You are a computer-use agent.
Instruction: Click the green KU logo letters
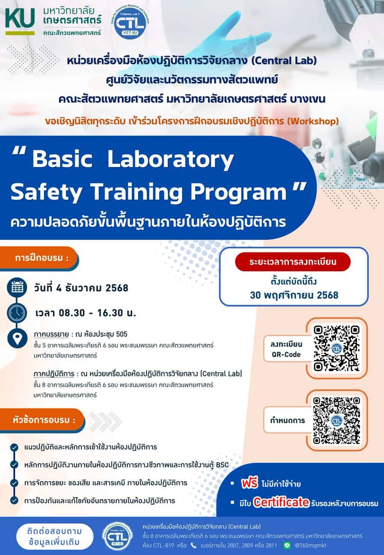pyautogui.click(x=20, y=18)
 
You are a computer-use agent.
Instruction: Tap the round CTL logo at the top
pyautogui.click(x=130, y=23)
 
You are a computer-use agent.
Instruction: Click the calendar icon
pyautogui.click(x=17, y=287)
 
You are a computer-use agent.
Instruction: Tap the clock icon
pyautogui.click(x=17, y=313)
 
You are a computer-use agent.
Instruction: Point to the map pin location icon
pyautogui.click(x=17, y=339)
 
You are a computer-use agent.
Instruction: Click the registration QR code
pyautogui.click(x=336, y=348)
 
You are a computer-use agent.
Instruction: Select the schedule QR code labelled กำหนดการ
pyautogui.click(x=336, y=421)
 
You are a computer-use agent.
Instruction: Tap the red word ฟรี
pyautogui.click(x=250, y=483)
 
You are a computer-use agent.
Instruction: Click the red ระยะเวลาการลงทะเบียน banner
pyautogui.click(x=293, y=262)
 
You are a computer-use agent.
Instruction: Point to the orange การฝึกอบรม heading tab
pyautogui.click(x=39, y=258)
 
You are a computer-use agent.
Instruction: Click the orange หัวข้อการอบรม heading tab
pyautogui.click(x=42, y=420)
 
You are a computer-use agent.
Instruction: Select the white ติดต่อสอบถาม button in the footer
pyautogui.click(x=55, y=536)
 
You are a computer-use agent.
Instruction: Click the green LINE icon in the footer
pyautogui.click(x=287, y=545)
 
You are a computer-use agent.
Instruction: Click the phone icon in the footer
pyautogui.click(x=193, y=545)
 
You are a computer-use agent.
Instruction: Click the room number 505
pyautogui.click(x=121, y=334)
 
